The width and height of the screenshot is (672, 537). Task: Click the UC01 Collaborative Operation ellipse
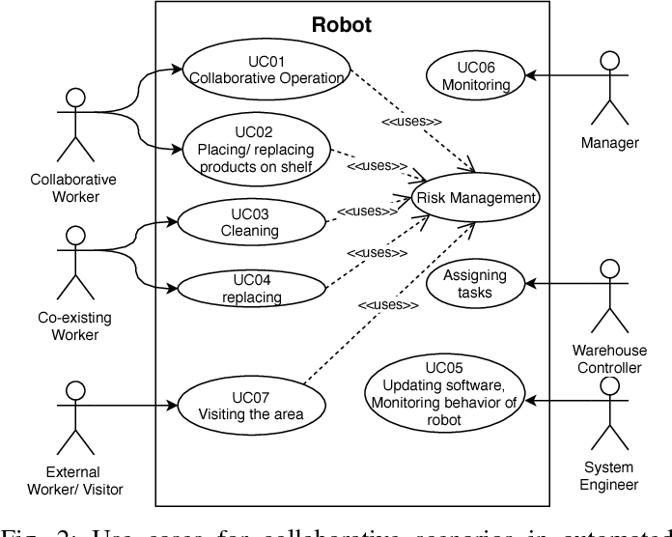point(265,70)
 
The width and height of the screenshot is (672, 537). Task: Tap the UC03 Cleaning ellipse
point(249,222)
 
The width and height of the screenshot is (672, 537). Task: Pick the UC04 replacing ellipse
point(251,288)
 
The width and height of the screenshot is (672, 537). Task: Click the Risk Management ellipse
point(475,198)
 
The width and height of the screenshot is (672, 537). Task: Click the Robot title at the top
point(341,25)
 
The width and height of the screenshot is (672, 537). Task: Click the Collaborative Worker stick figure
point(73,124)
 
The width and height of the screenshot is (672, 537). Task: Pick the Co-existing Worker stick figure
point(73,262)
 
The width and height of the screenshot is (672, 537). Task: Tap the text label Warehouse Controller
point(608,359)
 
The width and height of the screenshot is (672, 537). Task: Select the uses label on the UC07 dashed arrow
point(388,305)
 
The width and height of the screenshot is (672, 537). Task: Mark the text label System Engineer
point(608,476)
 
